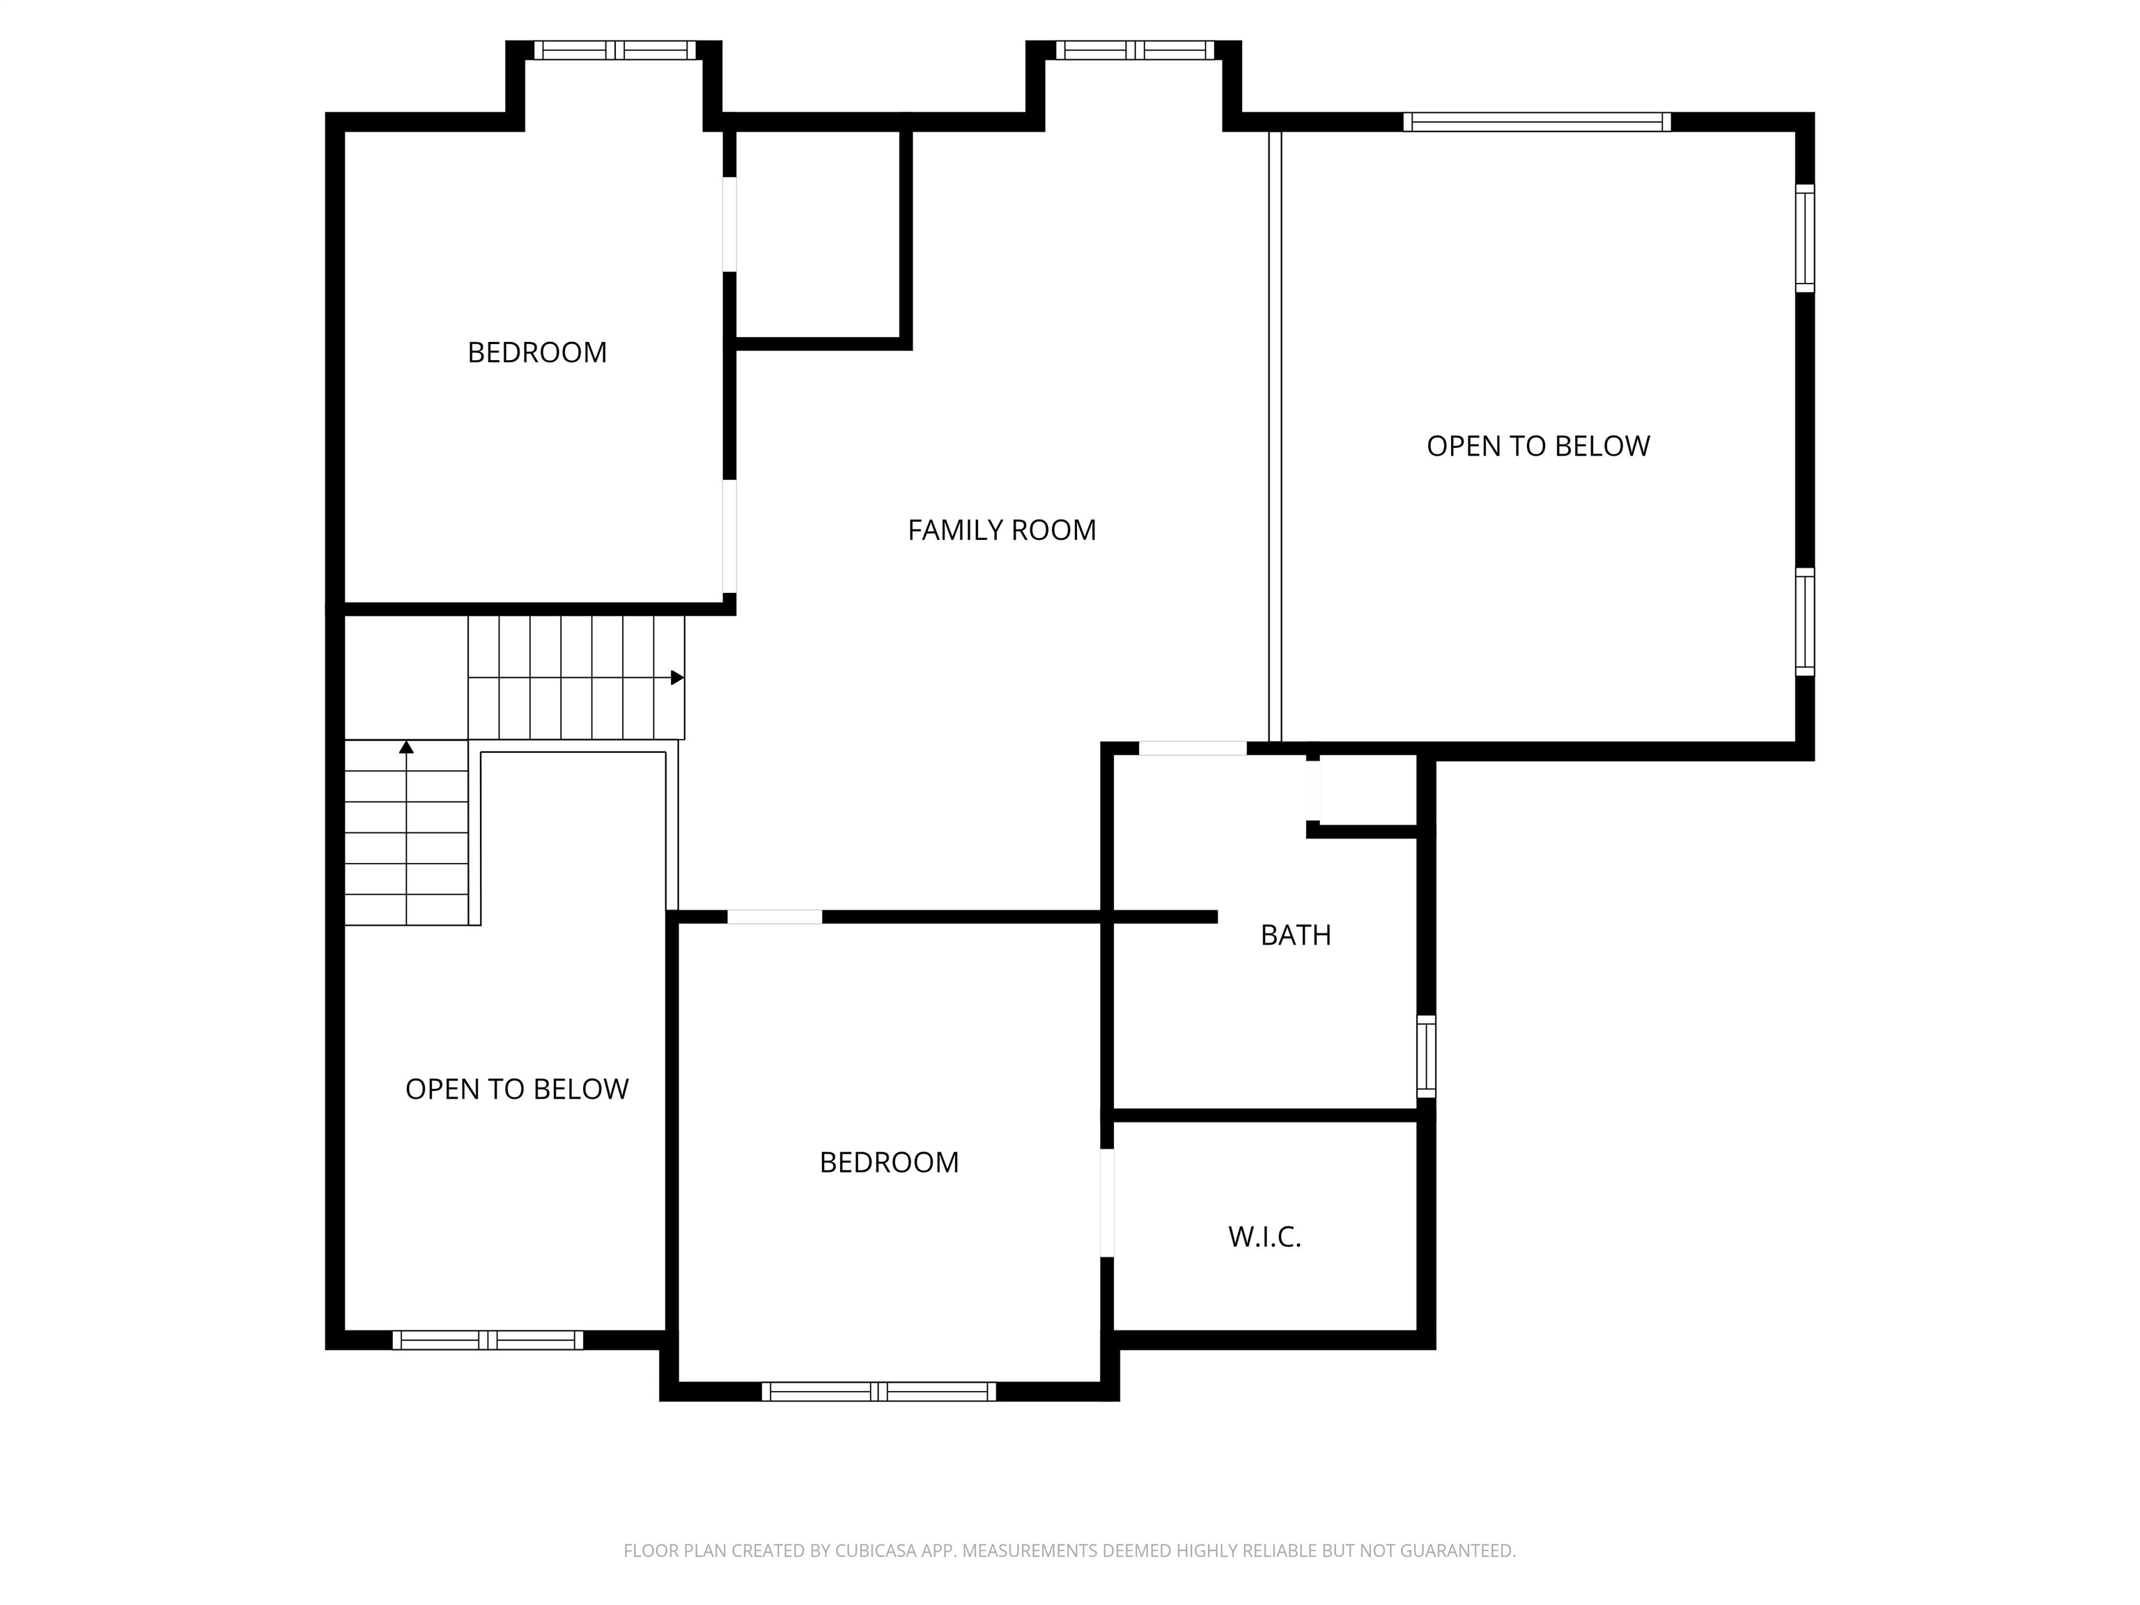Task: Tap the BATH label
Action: (x=1296, y=935)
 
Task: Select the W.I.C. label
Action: (x=1264, y=1236)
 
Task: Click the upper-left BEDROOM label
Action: (x=537, y=352)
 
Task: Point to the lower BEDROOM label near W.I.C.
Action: (x=889, y=1162)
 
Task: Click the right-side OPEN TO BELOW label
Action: (x=1538, y=446)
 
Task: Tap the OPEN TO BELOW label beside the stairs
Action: (x=517, y=1090)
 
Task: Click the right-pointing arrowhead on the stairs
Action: (x=677, y=677)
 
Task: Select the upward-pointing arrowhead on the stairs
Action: (x=406, y=747)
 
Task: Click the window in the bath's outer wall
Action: (x=1426, y=1057)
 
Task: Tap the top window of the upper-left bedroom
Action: (x=615, y=50)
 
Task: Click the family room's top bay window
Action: (x=1135, y=50)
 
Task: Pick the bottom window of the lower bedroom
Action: (x=878, y=1391)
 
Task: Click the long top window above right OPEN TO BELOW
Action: (x=1537, y=122)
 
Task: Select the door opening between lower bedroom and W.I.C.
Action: (x=1108, y=1202)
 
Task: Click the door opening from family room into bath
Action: (x=1193, y=748)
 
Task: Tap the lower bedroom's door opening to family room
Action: (x=775, y=917)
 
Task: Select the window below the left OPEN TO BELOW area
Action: (x=488, y=1340)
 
